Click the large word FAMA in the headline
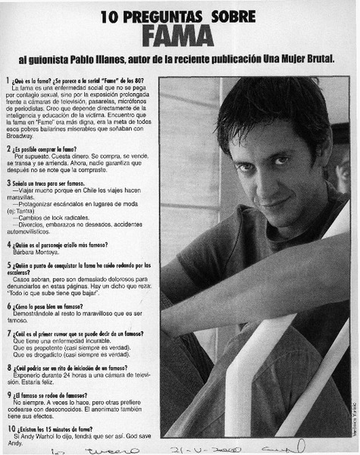pos(181,35)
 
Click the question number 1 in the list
pos(8,81)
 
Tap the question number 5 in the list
pos(8,266)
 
